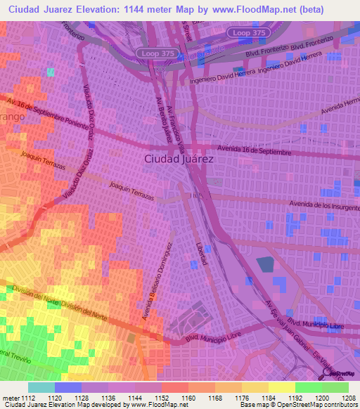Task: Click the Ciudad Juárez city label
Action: click(x=179, y=160)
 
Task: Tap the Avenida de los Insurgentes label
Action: click(x=324, y=204)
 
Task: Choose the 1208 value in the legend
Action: click(x=347, y=397)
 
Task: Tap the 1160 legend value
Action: click(x=187, y=397)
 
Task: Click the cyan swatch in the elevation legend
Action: click(x=41, y=387)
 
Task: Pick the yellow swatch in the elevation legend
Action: click(x=281, y=387)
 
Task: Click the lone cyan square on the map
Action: click(x=50, y=72)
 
